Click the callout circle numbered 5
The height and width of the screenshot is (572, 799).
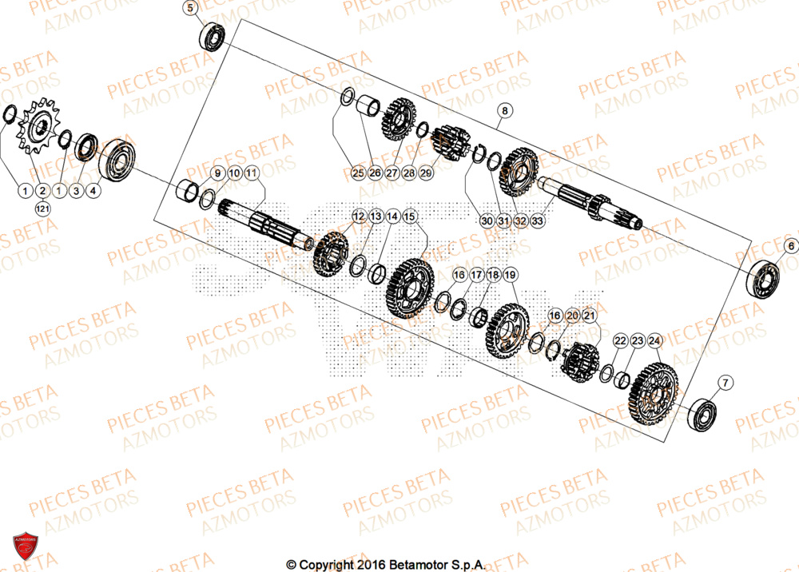pos(190,10)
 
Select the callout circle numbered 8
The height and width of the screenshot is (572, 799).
pos(505,110)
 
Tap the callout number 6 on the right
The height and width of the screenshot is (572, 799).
pos(790,246)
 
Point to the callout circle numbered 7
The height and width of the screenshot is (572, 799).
pos(724,383)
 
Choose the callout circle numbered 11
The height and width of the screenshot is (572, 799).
pos(251,173)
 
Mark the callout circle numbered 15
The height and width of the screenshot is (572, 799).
pos(409,216)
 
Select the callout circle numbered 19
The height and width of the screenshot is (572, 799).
pos(511,275)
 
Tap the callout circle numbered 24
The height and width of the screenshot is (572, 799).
pos(654,340)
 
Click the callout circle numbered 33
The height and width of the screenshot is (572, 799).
pos(538,220)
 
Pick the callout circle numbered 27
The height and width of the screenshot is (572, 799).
pos(392,173)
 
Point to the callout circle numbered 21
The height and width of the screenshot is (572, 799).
pos(589,317)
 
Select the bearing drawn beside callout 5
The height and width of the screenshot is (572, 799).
pos(213,37)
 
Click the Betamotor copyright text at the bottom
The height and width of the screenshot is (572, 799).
pos(386,565)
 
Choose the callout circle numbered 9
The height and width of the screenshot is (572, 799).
pos(216,173)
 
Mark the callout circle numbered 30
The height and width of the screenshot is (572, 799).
pos(487,220)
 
